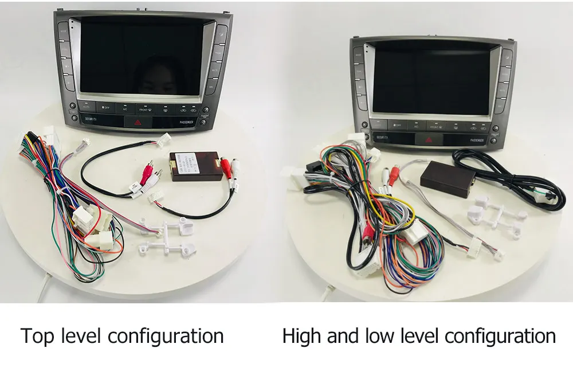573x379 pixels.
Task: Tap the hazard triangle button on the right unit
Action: click(x=426, y=139)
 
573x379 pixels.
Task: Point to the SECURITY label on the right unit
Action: click(x=382, y=138)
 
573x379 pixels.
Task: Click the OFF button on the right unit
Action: click(x=397, y=124)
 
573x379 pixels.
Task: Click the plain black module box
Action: click(x=448, y=176)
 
